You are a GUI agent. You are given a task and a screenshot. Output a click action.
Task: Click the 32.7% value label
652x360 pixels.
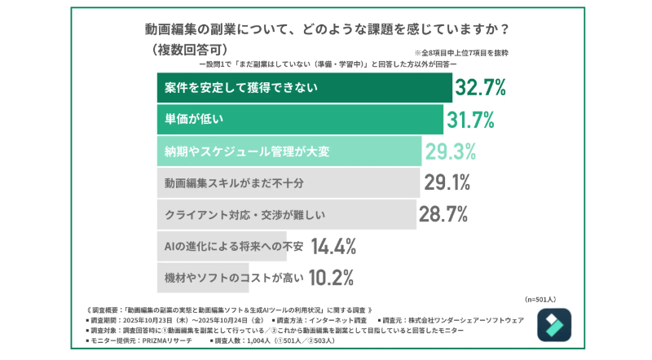[x=481, y=87]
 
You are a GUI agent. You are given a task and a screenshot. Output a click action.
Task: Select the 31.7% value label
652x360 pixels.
[x=470, y=120]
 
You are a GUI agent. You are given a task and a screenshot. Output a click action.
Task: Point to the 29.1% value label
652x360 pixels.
[x=447, y=182]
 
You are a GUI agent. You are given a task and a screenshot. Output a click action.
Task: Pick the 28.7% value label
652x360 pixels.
[x=443, y=214]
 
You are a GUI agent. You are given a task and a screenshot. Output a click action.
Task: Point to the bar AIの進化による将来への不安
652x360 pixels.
[x=222, y=245]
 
